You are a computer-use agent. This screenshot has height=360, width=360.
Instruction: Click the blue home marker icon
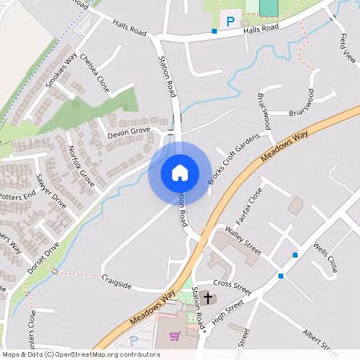pos(179,173)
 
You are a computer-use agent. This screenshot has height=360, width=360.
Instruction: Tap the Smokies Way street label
pos(61,70)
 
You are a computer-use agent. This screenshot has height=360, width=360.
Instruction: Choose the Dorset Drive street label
pos(43,258)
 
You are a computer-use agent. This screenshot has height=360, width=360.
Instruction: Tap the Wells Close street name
pos(326,258)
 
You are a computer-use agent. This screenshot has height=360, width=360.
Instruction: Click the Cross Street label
pos(233,284)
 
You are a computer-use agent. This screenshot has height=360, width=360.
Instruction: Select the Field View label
pos(346,49)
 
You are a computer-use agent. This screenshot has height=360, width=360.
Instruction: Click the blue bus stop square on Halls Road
pos(214,31)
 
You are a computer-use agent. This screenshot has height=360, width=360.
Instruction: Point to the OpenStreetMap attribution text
pos(80,354)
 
